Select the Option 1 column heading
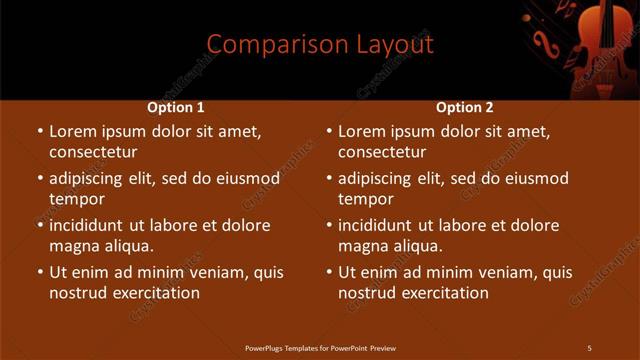click(x=176, y=107)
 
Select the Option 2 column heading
click(x=465, y=107)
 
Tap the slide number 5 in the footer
click(x=589, y=348)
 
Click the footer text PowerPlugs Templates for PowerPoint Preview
click(x=320, y=348)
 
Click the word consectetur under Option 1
click(x=93, y=152)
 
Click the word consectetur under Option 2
click(x=382, y=152)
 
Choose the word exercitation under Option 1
click(x=155, y=293)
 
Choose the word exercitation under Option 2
click(x=444, y=293)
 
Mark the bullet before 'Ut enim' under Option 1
click(x=40, y=272)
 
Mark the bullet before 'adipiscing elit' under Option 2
click(x=329, y=179)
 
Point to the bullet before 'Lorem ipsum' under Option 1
click(x=40, y=131)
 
